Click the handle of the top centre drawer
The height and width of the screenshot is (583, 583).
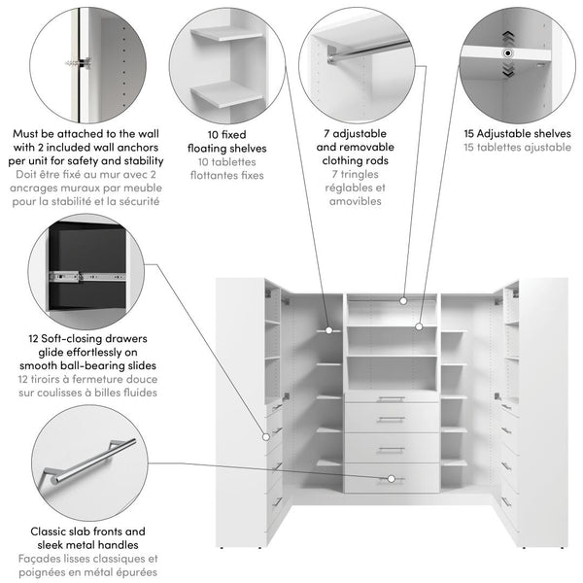point(391,398)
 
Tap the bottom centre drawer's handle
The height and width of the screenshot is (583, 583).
point(391,478)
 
